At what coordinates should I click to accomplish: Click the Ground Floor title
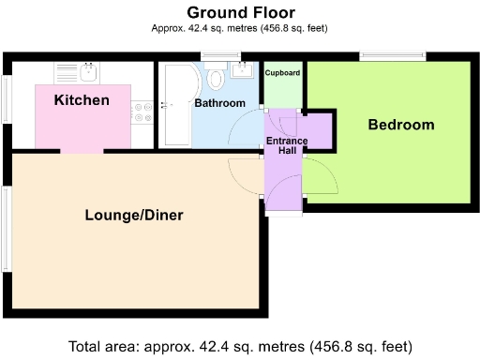(x=240, y=12)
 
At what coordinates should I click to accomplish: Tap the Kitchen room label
(x=82, y=100)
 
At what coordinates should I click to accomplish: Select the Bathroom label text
(x=219, y=103)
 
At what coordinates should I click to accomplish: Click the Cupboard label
(x=282, y=72)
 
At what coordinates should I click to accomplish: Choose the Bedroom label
(x=400, y=125)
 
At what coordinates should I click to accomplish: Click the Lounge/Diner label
(x=133, y=215)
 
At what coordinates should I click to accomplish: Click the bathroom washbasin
(x=245, y=70)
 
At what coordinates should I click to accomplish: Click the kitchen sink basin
(x=89, y=71)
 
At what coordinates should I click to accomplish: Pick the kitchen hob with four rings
(x=143, y=112)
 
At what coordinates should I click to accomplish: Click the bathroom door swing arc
(x=251, y=127)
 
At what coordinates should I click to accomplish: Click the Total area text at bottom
(x=240, y=345)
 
